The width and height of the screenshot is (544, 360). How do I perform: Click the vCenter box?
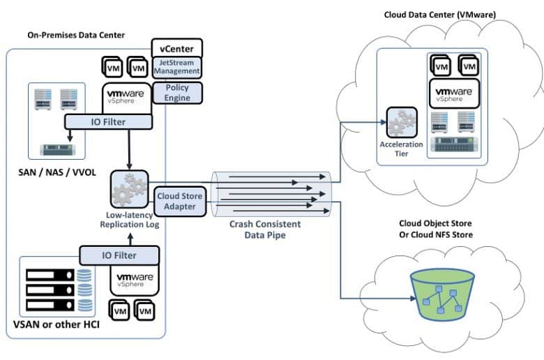tap(177, 48)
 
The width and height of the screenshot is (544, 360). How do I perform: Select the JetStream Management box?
tap(177, 67)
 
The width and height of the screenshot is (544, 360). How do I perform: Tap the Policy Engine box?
tap(177, 93)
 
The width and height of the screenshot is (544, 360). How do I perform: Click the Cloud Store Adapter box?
tap(180, 202)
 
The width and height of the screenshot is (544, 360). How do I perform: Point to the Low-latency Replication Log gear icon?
tap(130, 189)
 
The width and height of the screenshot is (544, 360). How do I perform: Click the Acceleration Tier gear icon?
tap(402, 123)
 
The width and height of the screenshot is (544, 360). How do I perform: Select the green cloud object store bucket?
tap(442, 295)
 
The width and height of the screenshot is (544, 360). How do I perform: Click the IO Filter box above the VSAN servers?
tap(119, 255)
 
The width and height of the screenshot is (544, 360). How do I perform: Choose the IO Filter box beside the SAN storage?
tap(108, 122)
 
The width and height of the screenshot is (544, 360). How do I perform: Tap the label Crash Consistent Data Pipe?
tap(265, 230)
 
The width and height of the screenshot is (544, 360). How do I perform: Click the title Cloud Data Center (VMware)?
tap(440, 15)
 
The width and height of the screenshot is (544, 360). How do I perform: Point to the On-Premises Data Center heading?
tap(76, 35)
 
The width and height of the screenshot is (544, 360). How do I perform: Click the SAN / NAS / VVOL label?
tap(57, 172)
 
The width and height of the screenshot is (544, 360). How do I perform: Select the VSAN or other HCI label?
tap(56, 324)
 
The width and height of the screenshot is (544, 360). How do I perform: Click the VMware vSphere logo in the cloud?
tap(454, 93)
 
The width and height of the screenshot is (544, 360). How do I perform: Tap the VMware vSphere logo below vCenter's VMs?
tap(126, 96)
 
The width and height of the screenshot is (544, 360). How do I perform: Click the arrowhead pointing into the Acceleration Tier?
tap(384, 122)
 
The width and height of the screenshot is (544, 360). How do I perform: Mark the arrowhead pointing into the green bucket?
tap(413, 298)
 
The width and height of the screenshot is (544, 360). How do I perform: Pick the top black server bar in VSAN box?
tap(50, 275)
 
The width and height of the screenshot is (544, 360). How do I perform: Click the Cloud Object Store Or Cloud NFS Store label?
tap(436, 229)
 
